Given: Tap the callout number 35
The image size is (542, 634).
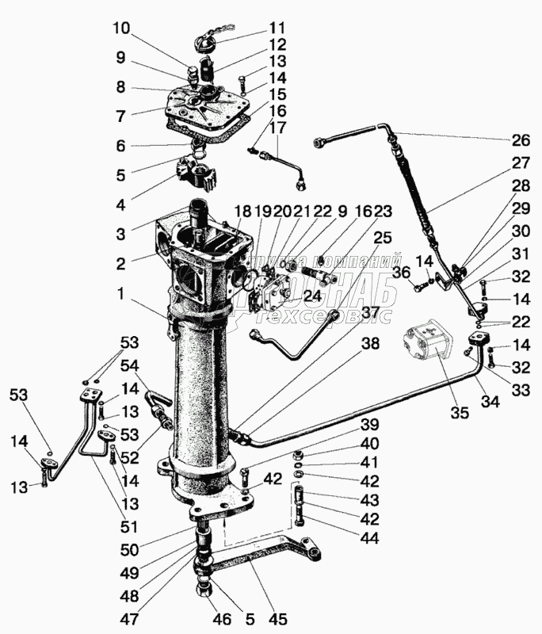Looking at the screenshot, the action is pyautogui.click(x=459, y=412).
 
